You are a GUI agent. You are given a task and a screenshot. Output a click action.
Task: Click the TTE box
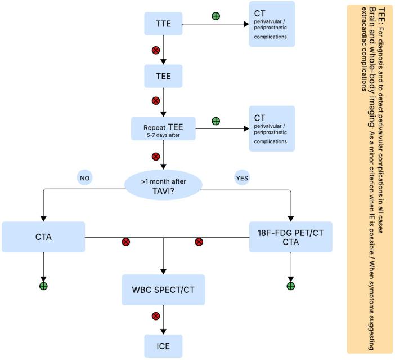[163, 24]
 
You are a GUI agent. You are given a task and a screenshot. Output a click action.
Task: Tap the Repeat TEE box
[163, 128]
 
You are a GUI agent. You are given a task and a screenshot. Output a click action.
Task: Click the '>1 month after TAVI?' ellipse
[163, 185]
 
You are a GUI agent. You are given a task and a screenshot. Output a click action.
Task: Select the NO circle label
[86, 177]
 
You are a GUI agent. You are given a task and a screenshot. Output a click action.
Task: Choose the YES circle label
[243, 177]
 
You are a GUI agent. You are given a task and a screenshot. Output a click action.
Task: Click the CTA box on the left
[43, 237]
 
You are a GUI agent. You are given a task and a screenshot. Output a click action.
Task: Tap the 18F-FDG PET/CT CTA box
[291, 237]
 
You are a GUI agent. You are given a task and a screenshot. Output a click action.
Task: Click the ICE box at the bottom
[163, 346]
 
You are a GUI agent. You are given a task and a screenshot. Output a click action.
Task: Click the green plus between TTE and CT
[216, 16]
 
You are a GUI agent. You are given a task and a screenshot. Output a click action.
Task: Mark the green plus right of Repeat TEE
[216, 121]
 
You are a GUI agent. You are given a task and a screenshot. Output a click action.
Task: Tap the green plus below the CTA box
[43, 286]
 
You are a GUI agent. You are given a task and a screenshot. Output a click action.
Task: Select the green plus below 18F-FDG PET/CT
[291, 286]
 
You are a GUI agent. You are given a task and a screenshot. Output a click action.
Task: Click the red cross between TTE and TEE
[156, 50]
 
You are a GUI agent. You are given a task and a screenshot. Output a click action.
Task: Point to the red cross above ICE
[156, 316]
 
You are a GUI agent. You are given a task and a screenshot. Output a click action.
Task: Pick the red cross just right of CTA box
[126, 242]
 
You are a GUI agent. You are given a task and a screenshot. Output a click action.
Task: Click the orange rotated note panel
[369, 179]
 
